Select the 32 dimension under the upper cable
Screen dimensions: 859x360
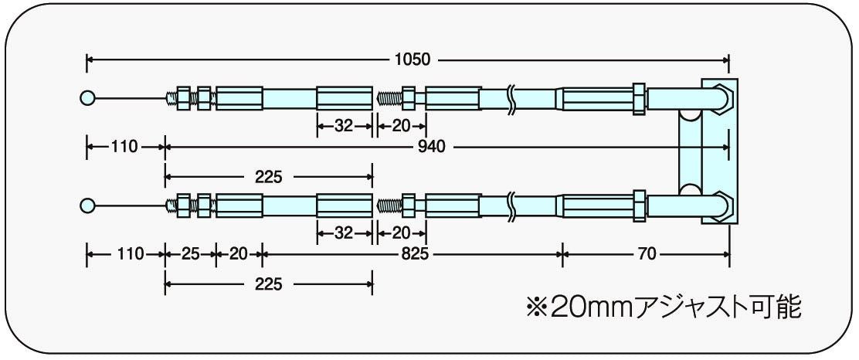tap(343, 126)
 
